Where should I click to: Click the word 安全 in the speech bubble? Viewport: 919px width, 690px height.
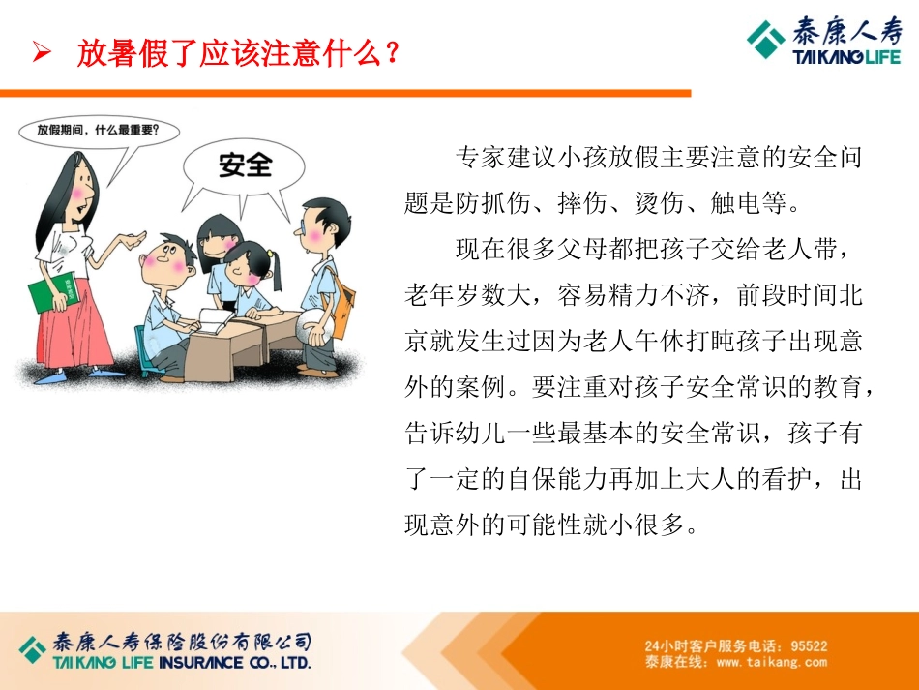pos(246,165)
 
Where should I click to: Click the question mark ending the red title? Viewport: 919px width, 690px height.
pos(391,52)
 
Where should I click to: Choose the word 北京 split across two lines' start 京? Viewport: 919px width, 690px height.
pos(417,342)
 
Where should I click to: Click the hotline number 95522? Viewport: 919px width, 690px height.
pos(809,645)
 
